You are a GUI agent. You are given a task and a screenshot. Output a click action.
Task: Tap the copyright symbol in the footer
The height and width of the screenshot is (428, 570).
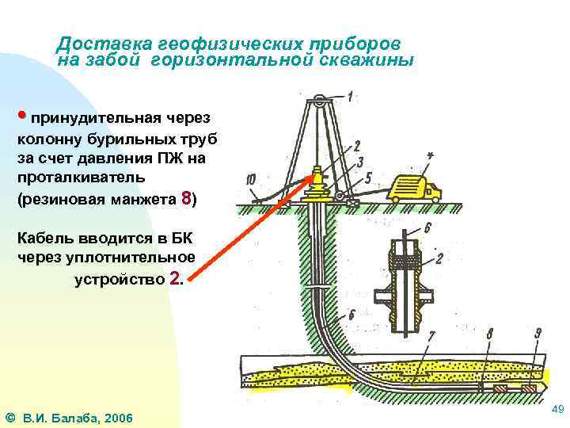coord(10,417)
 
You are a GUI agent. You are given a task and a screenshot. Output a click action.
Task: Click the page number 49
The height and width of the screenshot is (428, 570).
coord(556,409)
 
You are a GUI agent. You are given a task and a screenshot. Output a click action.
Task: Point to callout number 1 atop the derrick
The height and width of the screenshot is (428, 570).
coord(349,97)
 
